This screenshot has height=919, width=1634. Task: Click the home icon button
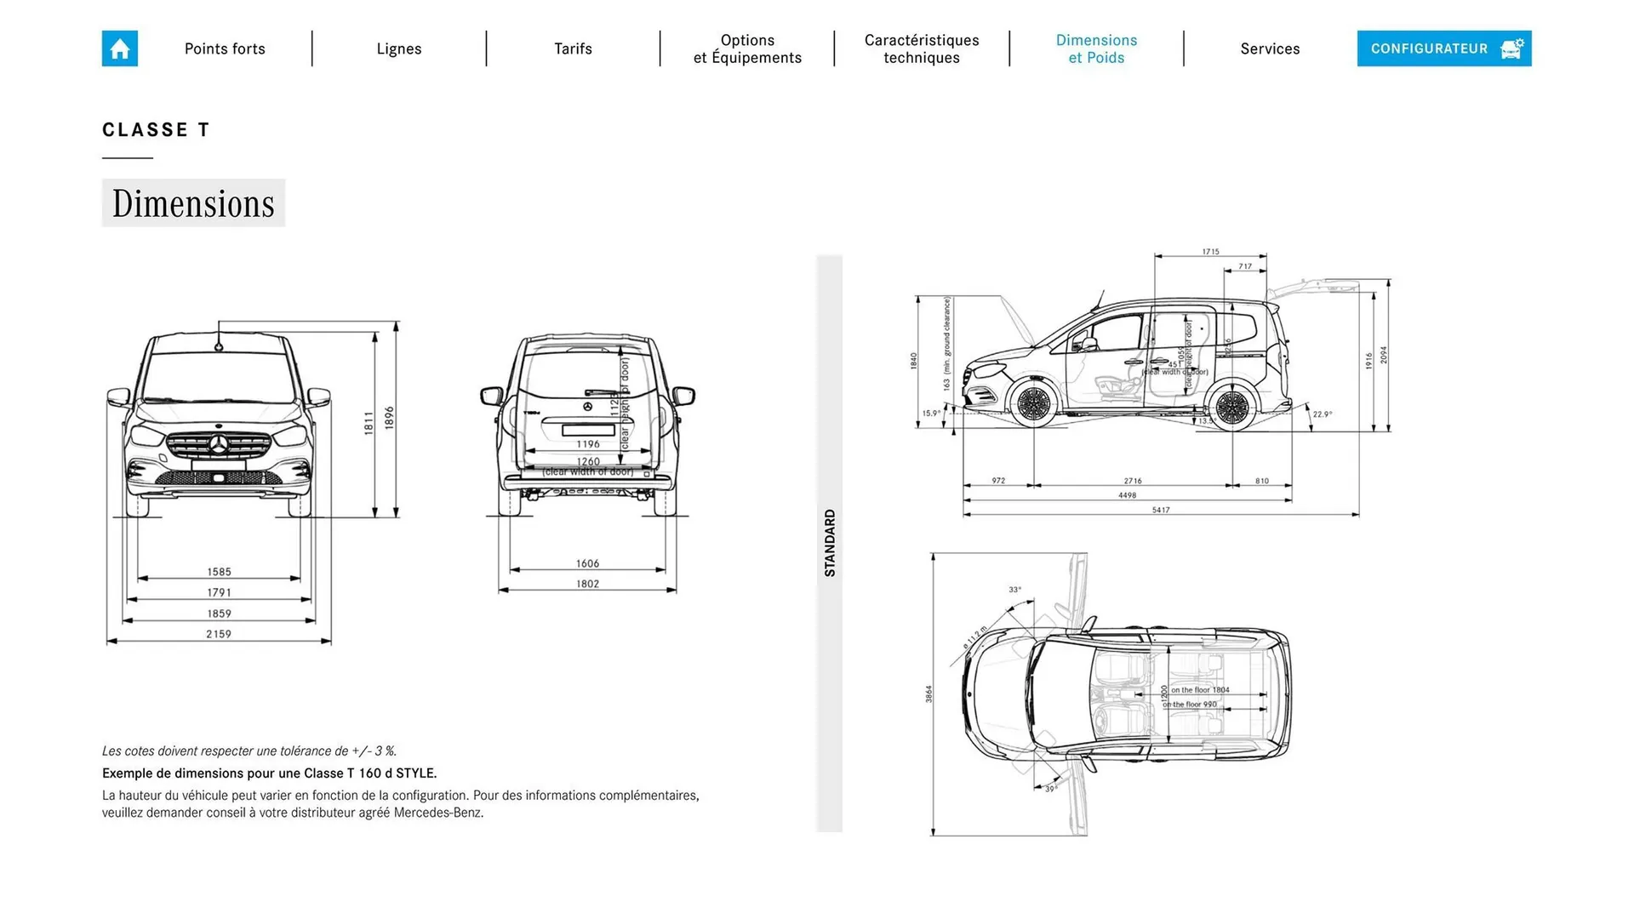(x=119, y=49)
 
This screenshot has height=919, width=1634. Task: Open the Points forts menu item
(x=225, y=49)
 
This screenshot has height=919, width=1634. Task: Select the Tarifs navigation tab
(x=573, y=49)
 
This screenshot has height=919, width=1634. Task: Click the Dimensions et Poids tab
(x=1096, y=49)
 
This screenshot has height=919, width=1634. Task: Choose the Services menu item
(x=1270, y=49)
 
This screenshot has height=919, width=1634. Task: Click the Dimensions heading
(x=193, y=203)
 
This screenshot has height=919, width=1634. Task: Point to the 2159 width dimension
(x=219, y=634)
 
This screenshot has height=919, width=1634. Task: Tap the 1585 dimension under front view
(x=219, y=572)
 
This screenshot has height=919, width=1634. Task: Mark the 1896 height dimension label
(x=390, y=417)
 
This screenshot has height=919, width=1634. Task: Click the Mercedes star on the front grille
(x=219, y=445)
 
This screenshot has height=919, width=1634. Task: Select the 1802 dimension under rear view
(x=587, y=584)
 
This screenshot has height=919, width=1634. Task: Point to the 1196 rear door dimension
(x=587, y=443)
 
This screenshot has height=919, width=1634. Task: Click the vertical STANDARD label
(x=830, y=543)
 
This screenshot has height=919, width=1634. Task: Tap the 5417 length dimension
(x=1161, y=510)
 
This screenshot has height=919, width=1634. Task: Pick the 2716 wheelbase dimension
(x=1132, y=481)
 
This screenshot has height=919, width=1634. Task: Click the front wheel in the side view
(x=1033, y=404)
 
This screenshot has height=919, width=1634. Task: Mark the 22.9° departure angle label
(x=1322, y=414)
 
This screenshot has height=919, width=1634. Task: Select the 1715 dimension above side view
(x=1210, y=252)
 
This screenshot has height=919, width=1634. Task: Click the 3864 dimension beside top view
(x=928, y=694)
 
